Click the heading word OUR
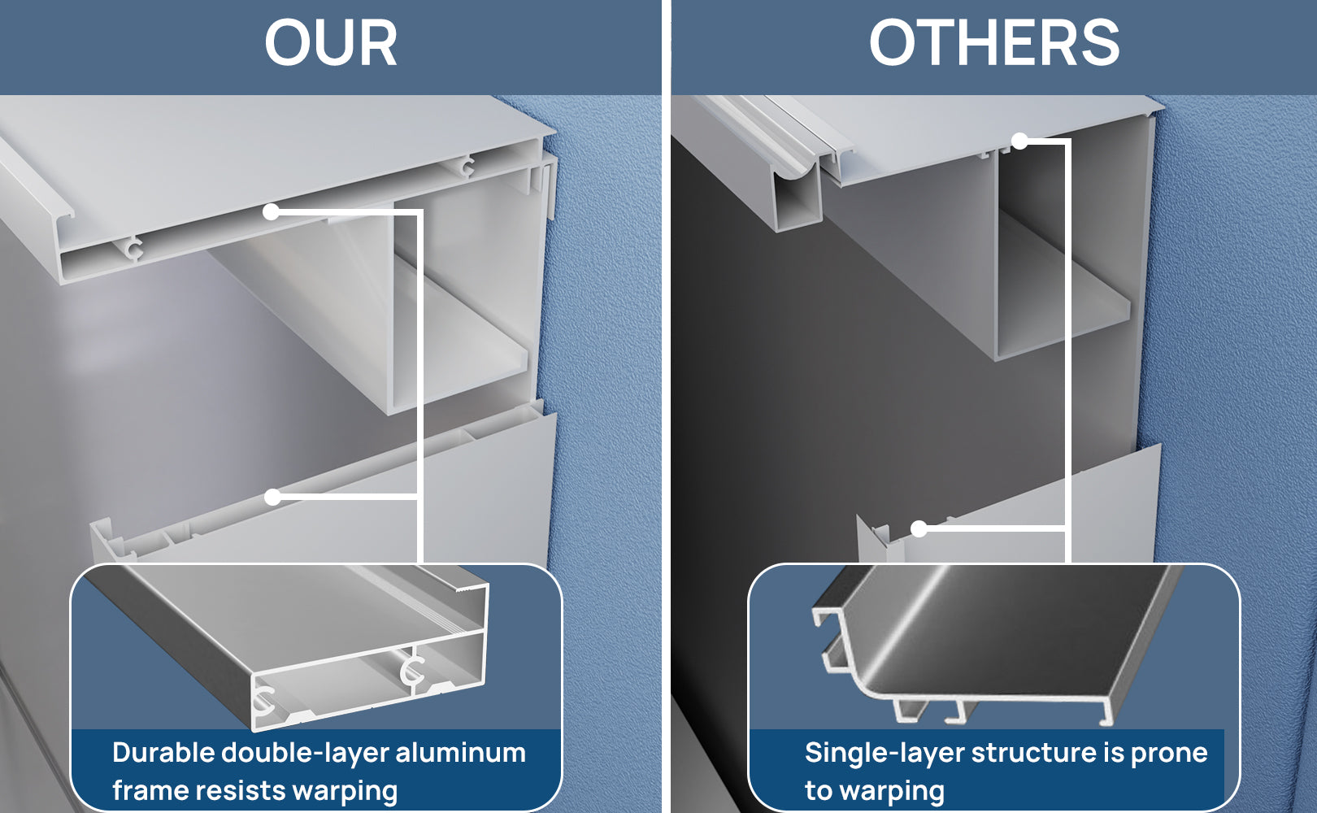(331, 42)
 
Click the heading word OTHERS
(994, 42)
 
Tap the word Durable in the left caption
(163, 753)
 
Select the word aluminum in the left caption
(460, 753)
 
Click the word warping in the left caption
(345, 792)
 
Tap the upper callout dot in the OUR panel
(271, 211)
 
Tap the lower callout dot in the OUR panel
(272, 498)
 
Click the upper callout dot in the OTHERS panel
(1019, 141)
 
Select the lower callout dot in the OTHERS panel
(919, 529)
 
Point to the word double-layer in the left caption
(305, 754)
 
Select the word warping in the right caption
(891, 792)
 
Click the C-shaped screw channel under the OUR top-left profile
(135, 249)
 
